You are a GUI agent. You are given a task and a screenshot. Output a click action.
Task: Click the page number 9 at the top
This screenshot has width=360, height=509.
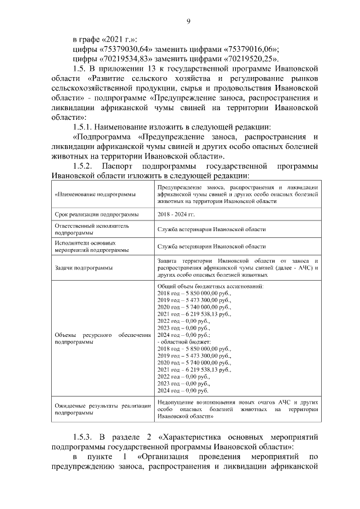click(x=189, y=21)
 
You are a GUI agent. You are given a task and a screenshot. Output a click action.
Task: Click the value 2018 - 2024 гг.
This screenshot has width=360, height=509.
click(x=176, y=214)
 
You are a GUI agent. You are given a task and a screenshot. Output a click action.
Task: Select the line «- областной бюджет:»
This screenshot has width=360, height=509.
click(x=185, y=342)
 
